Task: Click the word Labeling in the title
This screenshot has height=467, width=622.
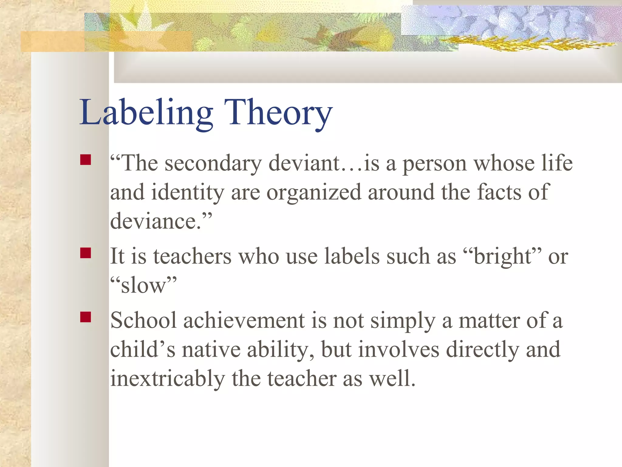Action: tap(146, 112)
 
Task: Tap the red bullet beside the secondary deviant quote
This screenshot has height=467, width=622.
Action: tap(86, 160)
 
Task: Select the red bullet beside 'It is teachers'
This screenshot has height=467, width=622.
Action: tap(86, 253)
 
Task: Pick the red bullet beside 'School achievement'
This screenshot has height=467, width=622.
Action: tap(86, 317)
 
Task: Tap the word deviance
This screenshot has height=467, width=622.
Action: tap(155, 221)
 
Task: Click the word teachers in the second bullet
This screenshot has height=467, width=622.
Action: tap(192, 257)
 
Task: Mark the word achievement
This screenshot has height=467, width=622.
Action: tap(244, 321)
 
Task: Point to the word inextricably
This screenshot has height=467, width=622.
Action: tap(167, 379)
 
